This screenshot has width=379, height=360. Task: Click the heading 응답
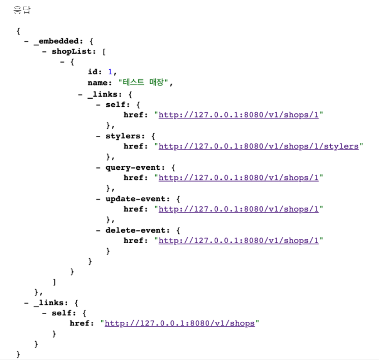[x=21, y=10]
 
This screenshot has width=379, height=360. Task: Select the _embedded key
[x=56, y=41]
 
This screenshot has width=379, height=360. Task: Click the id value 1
[x=110, y=72]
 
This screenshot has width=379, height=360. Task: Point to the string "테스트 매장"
[x=145, y=83]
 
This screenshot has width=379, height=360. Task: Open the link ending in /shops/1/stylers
[x=258, y=146]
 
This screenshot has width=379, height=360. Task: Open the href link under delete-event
[x=239, y=241]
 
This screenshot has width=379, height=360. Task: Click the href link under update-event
[x=239, y=209]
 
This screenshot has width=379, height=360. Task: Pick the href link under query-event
[x=239, y=177]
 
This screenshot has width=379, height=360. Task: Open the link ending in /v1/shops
[x=180, y=323]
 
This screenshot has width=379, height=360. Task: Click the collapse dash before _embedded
[x=26, y=41]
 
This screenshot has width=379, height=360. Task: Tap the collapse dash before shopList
[x=44, y=51]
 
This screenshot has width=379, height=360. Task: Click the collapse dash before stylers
[x=98, y=136]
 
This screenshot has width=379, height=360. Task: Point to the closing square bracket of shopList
[x=54, y=282]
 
